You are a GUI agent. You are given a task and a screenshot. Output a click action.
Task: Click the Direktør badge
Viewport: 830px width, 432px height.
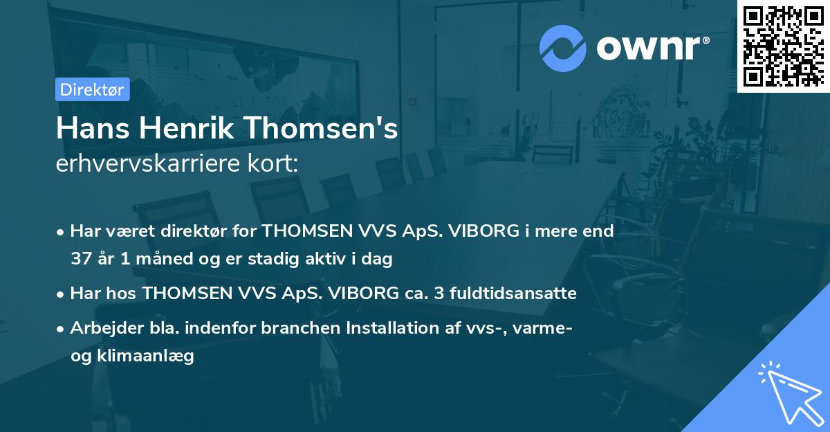92,89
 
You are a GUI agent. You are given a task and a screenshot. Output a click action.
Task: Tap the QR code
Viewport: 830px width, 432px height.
783,46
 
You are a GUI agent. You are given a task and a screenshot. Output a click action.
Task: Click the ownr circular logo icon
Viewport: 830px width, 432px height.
563,48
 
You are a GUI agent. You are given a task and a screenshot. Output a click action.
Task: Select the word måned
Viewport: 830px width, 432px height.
153,260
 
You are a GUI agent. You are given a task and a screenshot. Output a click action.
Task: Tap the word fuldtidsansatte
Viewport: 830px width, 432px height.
513,294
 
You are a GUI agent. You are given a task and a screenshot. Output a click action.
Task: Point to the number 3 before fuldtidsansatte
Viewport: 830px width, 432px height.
439,294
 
